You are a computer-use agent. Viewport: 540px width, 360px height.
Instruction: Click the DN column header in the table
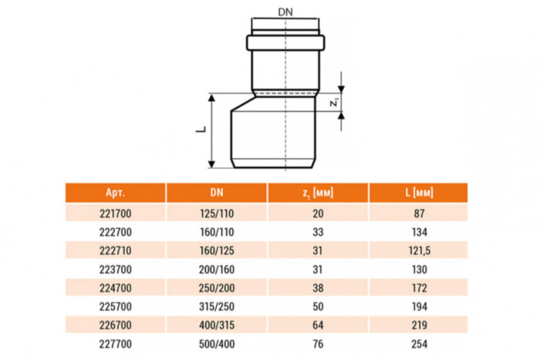click(x=217, y=193)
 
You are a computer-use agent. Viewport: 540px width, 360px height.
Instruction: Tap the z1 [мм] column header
click(x=318, y=193)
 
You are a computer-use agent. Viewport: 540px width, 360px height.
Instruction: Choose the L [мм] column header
click(x=418, y=193)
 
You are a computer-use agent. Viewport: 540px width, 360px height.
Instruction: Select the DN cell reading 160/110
click(x=217, y=231)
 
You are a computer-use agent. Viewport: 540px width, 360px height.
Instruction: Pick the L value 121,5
click(x=418, y=251)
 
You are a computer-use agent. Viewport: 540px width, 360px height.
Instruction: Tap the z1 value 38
click(x=318, y=288)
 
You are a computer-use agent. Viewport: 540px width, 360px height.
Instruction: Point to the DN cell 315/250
click(x=217, y=307)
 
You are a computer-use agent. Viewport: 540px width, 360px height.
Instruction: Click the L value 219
click(x=418, y=325)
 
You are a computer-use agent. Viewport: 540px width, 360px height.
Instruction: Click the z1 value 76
click(x=318, y=344)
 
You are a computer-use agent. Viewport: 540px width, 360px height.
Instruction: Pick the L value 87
click(x=418, y=213)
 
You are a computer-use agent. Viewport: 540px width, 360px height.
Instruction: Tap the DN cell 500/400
click(x=217, y=344)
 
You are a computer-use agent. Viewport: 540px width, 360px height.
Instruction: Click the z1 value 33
click(x=318, y=231)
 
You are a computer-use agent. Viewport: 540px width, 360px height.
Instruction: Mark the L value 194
click(x=418, y=307)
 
